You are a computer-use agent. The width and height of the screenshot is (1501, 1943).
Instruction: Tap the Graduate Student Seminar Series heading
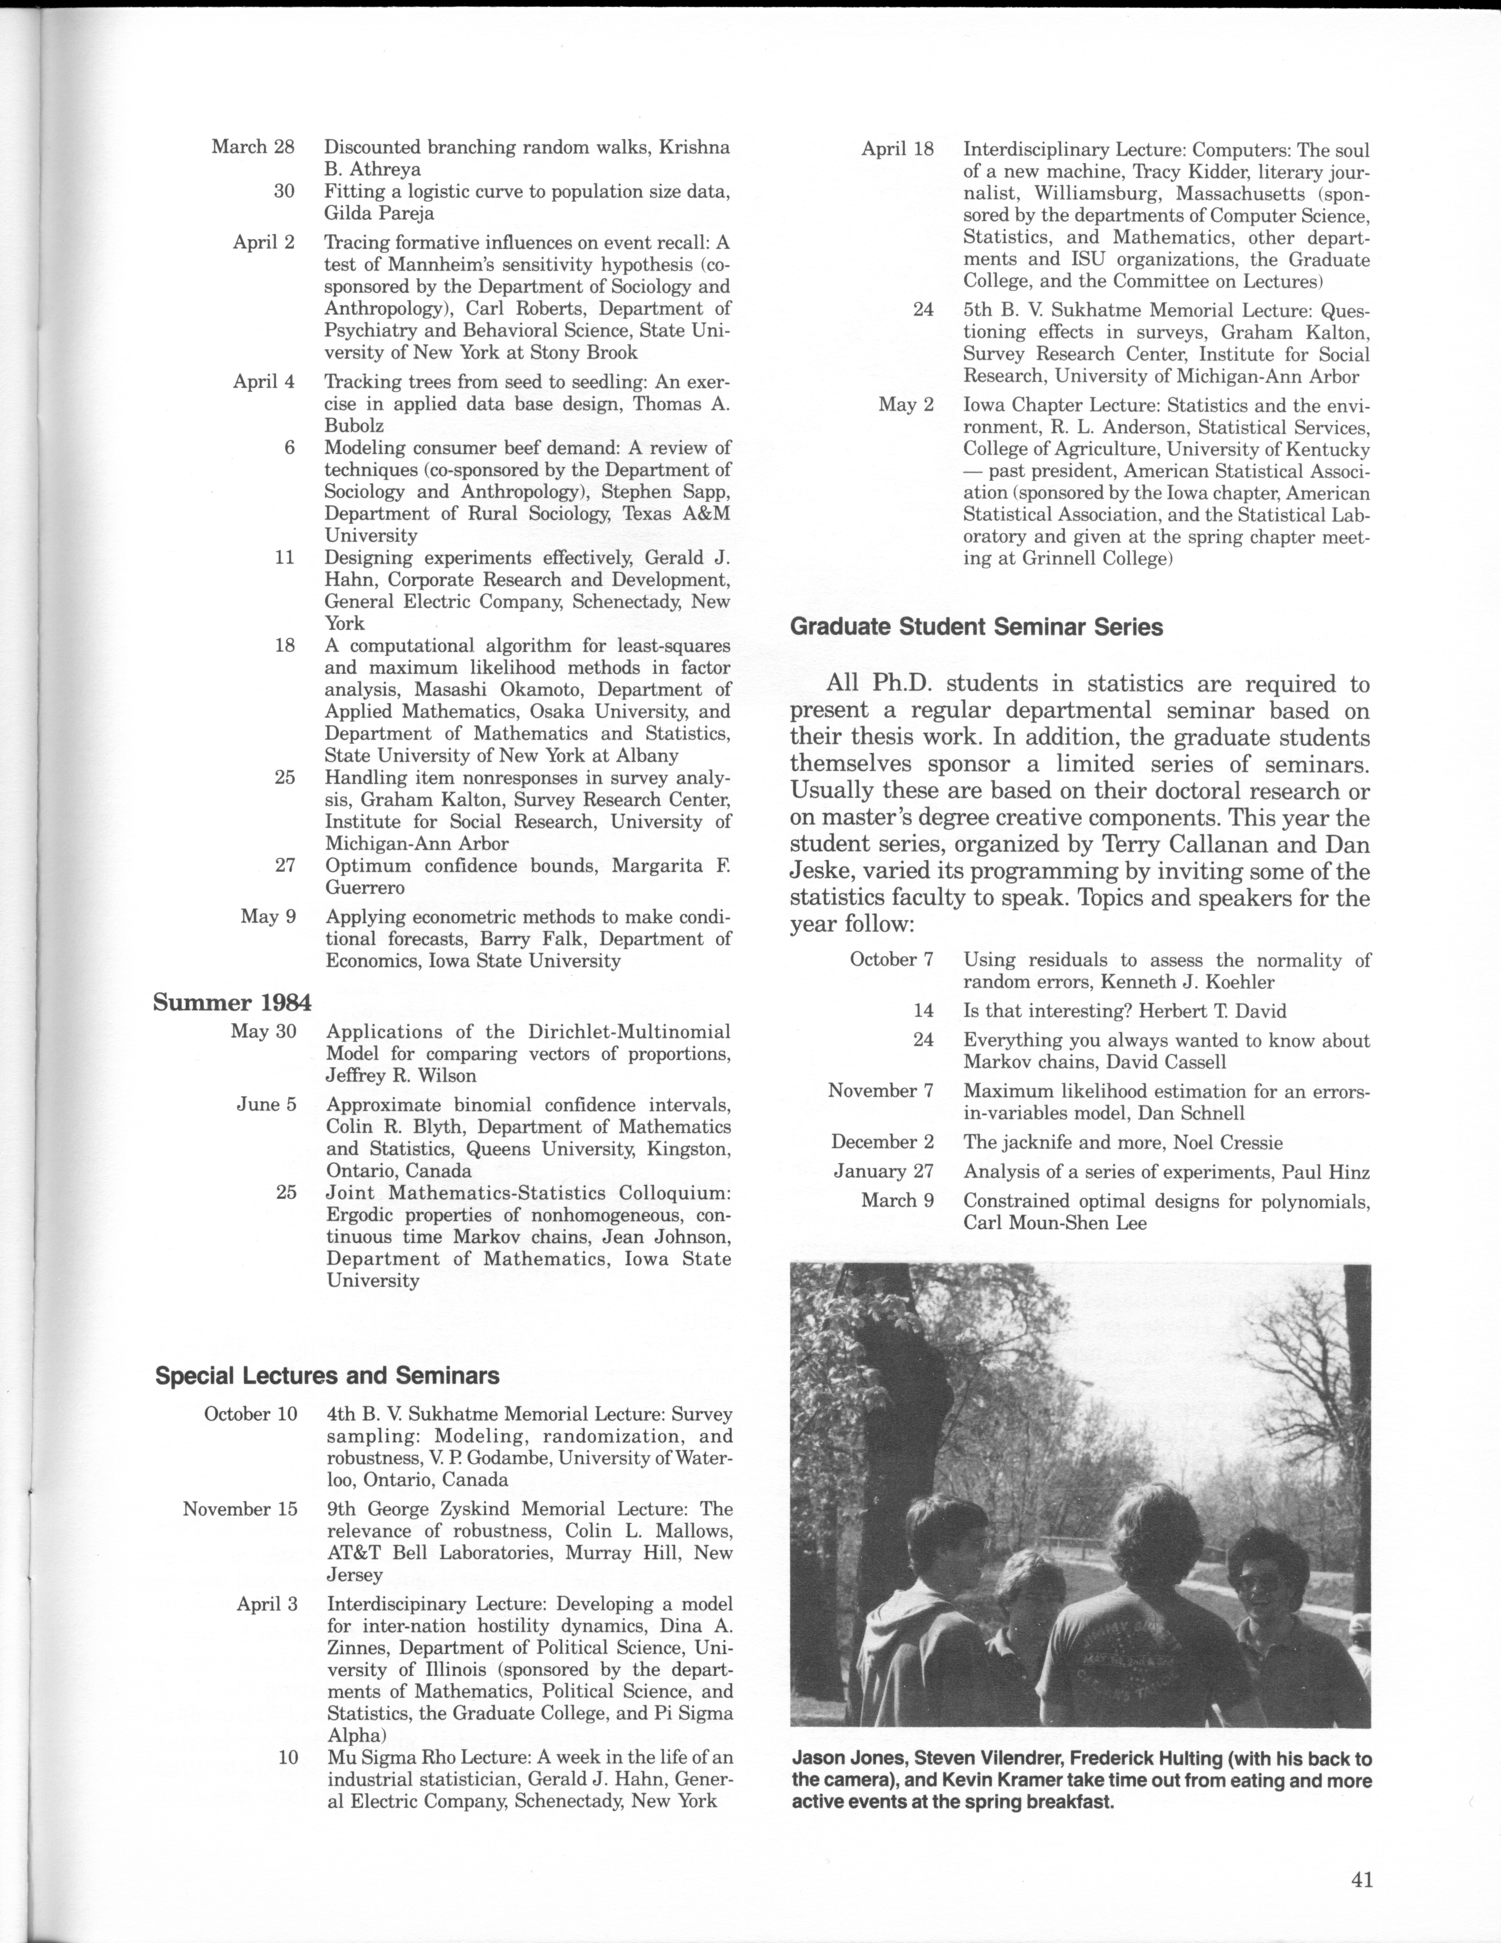coord(976,627)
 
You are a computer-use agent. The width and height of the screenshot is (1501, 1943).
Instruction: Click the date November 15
coord(240,1509)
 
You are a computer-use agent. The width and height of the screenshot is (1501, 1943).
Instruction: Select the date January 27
coord(883,1172)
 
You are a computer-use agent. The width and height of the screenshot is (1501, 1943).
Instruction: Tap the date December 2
coord(882,1142)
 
